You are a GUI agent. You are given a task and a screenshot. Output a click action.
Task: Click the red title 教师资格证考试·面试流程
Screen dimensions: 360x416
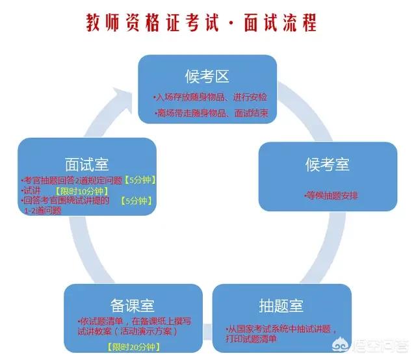(x=201, y=23)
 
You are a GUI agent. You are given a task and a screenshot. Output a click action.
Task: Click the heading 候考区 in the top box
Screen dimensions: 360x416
(x=214, y=77)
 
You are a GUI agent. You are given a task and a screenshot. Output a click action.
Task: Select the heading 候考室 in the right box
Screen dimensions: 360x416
(x=328, y=164)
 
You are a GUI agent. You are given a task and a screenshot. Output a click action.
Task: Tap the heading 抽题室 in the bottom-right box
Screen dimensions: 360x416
(x=281, y=304)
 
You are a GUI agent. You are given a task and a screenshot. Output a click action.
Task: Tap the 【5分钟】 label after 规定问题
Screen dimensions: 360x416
(x=139, y=180)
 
